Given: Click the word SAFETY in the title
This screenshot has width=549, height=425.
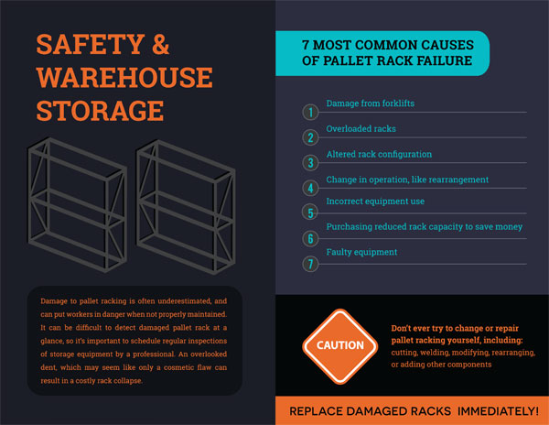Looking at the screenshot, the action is click(x=91, y=44).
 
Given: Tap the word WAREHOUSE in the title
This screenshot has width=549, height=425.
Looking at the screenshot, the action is click(x=124, y=78).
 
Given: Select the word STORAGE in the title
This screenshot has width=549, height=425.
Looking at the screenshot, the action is click(x=100, y=111).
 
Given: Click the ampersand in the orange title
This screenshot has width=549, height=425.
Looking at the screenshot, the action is click(x=161, y=44).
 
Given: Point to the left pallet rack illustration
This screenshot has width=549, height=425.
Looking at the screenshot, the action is click(x=77, y=205).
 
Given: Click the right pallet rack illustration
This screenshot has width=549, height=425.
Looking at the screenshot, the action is click(x=186, y=207).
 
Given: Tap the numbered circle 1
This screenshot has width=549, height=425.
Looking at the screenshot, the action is click(x=310, y=113).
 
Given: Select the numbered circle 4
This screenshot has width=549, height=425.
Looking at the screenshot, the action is click(x=310, y=188).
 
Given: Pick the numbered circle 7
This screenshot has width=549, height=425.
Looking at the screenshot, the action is click(x=310, y=264).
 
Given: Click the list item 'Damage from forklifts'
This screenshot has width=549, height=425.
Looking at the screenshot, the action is click(x=370, y=104).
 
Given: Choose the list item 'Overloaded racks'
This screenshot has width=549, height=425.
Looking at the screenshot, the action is click(x=361, y=128).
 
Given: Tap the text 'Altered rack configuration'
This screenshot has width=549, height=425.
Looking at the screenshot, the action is click(x=379, y=154).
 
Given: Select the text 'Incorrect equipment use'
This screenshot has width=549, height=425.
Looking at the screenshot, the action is click(x=375, y=202).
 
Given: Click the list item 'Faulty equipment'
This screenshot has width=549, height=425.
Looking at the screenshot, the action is click(x=361, y=252).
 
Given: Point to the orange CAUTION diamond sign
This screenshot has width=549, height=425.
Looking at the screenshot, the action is click(x=340, y=346).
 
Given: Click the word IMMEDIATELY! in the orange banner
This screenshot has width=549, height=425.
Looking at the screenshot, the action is click(x=498, y=411).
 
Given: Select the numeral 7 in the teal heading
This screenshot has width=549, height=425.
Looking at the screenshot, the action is click(x=306, y=45).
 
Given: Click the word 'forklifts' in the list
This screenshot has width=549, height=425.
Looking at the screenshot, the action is click(x=398, y=104).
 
